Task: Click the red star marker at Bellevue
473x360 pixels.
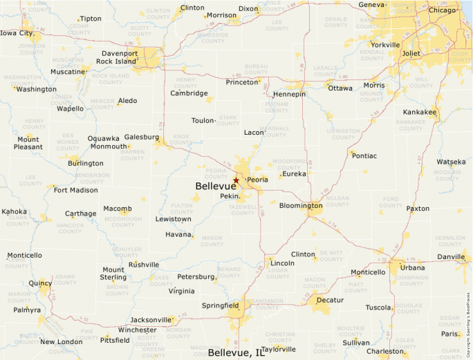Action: click(x=236, y=180)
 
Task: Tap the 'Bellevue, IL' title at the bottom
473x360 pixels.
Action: click(x=236, y=353)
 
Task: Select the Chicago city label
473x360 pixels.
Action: click(x=442, y=10)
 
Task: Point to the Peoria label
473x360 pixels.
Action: click(x=257, y=180)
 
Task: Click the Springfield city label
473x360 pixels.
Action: click(x=220, y=305)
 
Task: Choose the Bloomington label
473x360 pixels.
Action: click(x=301, y=206)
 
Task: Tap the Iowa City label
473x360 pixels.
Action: click(x=17, y=33)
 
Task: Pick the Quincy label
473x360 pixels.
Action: click(x=40, y=283)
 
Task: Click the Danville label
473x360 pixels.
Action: click(x=451, y=257)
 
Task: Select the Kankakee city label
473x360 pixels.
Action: click(x=420, y=112)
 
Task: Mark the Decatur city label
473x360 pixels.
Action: click(x=330, y=301)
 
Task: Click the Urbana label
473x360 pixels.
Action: click(x=413, y=267)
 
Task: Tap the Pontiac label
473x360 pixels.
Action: click(x=364, y=156)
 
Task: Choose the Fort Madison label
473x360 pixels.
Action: click(x=76, y=190)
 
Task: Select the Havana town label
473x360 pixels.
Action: click(x=179, y=234)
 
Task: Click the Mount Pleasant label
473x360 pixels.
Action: click(x=28, y=143)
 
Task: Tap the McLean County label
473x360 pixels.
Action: click(x=337, y=202)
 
